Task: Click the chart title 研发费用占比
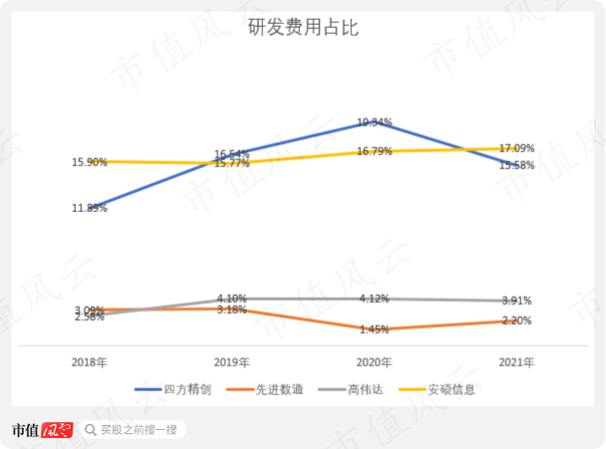click(302, 28)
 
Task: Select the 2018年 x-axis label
click(89, 362)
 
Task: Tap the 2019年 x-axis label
click(231, 362)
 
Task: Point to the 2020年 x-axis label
click(374, 362)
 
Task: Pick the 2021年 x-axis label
click(516, 362)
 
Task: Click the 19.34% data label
click(374, 122)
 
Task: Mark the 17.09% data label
click(516, 148)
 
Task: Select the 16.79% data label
click(374, 151)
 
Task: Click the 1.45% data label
click(374, 330)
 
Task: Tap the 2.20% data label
click(516, 321)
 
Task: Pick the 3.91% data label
click(516, 301)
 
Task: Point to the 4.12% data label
click(374, 299)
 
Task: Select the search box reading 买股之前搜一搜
click(134, 430)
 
